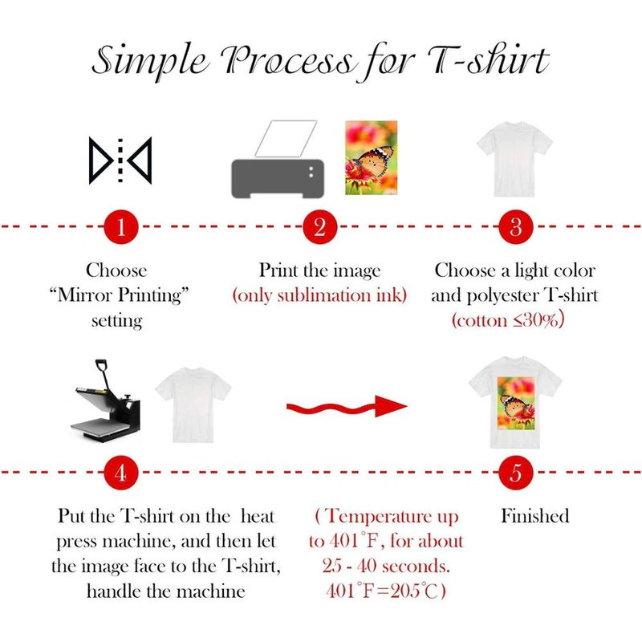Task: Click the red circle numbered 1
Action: pyautogui.click(x=121, y=226)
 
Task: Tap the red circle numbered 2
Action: pyautogui.click(x=319, y=226)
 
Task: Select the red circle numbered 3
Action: pyautogui.click(x=515, y=226)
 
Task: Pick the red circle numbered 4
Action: pyautogui.click(x=121, y=473)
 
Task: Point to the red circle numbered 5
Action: pyautogui.click(x=515, y=473)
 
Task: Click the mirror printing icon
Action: pyautogui.click(x=120, y=160)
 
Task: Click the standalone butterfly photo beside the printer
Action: pyautogui.click(x=372, y=157)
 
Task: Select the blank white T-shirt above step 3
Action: pyautogui.click(x=514, y=159)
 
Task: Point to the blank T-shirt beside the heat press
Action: pyautogui.click(x=193, y=404)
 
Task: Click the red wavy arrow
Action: pyautogui.click(x=347, y=407)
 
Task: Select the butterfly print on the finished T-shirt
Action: pyautogui.click(x=516, y=403)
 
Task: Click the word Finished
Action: pyautogui.click(x=535, y=516)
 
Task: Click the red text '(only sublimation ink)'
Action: pyautogui.click(x=319, y=295)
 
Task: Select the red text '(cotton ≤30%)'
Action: pyautogui.click(x=508, y=319)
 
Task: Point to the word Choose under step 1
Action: pyautogui.click(x=116, y=270)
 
